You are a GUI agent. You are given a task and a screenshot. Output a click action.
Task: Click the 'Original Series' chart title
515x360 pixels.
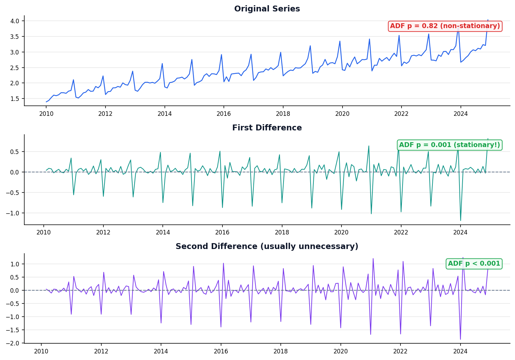point(267,9)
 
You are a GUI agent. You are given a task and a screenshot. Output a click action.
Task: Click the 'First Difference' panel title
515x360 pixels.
point(267,128)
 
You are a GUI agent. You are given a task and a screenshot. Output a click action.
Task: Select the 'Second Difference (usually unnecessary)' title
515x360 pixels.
point(267,247)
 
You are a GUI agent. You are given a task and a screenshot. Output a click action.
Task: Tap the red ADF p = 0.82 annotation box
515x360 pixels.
point(445,26)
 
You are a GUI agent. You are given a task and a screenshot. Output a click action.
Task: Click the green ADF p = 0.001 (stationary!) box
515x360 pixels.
point(449,145)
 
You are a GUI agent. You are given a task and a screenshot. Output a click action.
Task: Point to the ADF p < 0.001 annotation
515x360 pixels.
point(474,264)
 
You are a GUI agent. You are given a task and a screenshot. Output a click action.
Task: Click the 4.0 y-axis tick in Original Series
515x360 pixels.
point(15,21)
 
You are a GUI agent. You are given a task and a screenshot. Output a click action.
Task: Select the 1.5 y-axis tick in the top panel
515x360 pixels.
point(15,99)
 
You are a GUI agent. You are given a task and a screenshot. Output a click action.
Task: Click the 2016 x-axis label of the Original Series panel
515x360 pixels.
point(224,114)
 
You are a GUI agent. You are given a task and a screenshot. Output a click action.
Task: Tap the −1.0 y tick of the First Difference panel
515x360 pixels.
point(13,213)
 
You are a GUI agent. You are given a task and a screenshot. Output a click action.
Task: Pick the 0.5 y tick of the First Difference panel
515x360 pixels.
point(15,152)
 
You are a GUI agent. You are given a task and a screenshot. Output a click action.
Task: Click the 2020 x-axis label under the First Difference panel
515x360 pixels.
point(341,233)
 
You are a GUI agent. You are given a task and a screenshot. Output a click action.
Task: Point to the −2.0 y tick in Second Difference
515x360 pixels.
point(13,343)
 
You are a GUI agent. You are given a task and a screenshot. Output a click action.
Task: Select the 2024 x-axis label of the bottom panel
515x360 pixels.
point(460,351)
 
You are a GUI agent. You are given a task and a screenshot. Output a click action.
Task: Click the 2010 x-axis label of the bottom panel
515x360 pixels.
point(41,351)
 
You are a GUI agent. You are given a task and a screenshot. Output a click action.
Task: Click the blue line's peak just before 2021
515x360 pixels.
point(369,39)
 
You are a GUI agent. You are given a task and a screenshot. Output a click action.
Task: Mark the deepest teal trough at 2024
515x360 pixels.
point(461,221)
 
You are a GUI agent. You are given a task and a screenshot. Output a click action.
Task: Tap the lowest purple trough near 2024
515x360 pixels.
point(460,339)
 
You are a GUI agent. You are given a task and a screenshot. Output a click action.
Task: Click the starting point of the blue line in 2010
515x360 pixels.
point(46,102)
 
